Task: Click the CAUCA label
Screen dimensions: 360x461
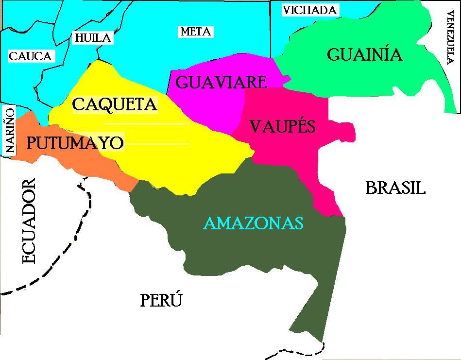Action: (x=30, y=56)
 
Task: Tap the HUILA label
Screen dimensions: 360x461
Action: (x=92, y=37)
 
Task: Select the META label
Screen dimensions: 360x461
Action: (x=195, y=32)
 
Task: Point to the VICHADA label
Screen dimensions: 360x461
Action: (x=310, y=10)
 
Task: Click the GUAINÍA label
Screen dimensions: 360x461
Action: (x=365, y=54)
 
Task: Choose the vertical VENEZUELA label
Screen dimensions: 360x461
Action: (x=449, y=37)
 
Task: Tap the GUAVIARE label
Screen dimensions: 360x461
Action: (x=221, y=82)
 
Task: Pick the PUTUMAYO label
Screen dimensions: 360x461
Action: (x=75, y=143)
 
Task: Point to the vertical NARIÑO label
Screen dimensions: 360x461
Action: (x=9, y=131)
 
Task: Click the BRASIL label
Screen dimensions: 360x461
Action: (x=395, y=188)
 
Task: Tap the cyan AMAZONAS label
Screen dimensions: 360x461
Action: (x=253, y=223)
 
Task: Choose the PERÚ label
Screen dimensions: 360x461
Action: (x=161, y=301)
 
